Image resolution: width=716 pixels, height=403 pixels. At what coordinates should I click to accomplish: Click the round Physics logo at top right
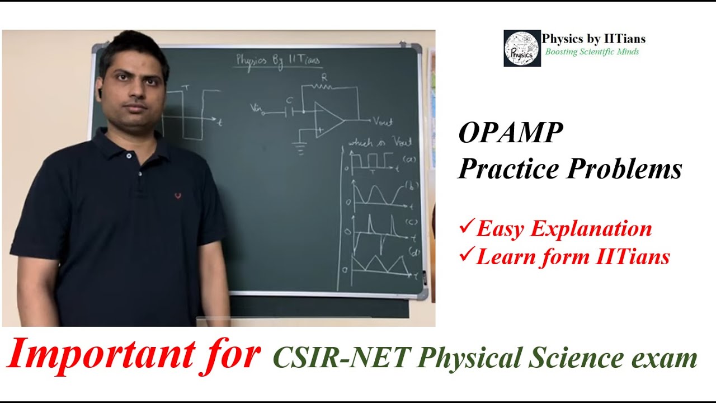(x=522, y=48)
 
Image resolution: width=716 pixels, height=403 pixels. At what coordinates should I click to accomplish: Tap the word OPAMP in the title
(x=511, y=134)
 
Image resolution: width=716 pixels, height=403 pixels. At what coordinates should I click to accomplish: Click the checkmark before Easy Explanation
(x=466, y=227)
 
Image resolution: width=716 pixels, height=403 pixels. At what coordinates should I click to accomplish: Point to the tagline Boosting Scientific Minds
(x=592, y=52)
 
